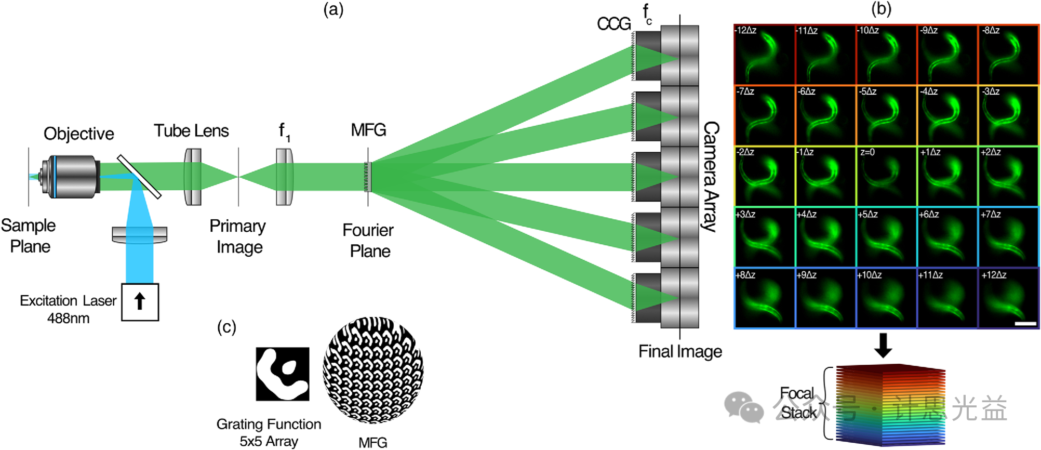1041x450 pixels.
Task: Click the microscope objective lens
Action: (x=73, y=177)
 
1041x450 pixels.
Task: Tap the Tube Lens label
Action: (x=191, y=131)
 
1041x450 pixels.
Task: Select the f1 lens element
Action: (x=284, y=177)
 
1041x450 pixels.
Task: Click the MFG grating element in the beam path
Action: (x=368, y=177)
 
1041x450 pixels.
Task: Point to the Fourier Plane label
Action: (x=368, y=241)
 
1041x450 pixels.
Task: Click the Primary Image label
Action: (x=238, y=236)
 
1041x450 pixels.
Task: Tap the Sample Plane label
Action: (x=29, y=236)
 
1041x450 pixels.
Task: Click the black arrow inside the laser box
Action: (x=140, y=301)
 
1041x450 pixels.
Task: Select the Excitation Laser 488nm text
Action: (x=68, y=309)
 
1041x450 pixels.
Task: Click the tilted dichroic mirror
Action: (x=139, y=177)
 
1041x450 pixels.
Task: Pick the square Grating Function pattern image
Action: (x=282, y=374)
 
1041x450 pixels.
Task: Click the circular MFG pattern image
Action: (x=373, y=370)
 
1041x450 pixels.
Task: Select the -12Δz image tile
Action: (x=764, y=55)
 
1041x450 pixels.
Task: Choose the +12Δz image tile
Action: (x=1008, y=298)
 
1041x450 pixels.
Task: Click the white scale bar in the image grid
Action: (x=1025, y=324)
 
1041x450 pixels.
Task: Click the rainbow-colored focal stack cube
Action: (x=890, y=405)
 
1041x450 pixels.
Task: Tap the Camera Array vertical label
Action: (x=711, y=177)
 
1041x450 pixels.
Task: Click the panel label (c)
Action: (x=226, y=327)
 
